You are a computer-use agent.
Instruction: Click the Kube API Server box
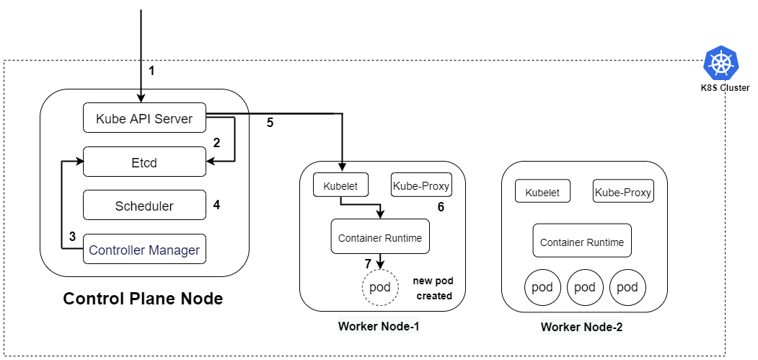(x=144, y=118)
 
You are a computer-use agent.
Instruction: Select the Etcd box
(x=144, y=162)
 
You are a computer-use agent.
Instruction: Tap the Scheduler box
(x=144, y=206)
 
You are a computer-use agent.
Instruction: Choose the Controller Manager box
(x=144, y=250)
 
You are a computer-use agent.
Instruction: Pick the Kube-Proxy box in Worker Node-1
(x=421, y=185)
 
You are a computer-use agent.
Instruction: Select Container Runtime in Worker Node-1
(x=380, y=237)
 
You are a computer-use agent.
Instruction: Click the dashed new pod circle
(x=380, y=287)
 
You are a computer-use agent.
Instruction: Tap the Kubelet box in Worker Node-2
(x=542, y=192)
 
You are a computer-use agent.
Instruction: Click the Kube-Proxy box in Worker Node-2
(x=623, y=192)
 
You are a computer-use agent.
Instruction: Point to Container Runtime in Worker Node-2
(x=582, y=241)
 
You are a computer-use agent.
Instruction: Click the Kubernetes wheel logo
(x=721, y=63)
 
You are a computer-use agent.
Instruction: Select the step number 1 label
(x=151, y=71)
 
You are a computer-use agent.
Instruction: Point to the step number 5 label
(x=270, y=123)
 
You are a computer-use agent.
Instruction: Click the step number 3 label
(x=72, y=236)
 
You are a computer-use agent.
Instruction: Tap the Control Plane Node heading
(x=143, y=299)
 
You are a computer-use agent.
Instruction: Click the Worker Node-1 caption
(x=379, y=326)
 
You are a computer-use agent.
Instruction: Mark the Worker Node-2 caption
(x=581, y=327)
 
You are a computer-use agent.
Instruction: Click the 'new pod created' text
(x=433, y=288)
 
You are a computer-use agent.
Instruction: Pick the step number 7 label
(x=368, y=263)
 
